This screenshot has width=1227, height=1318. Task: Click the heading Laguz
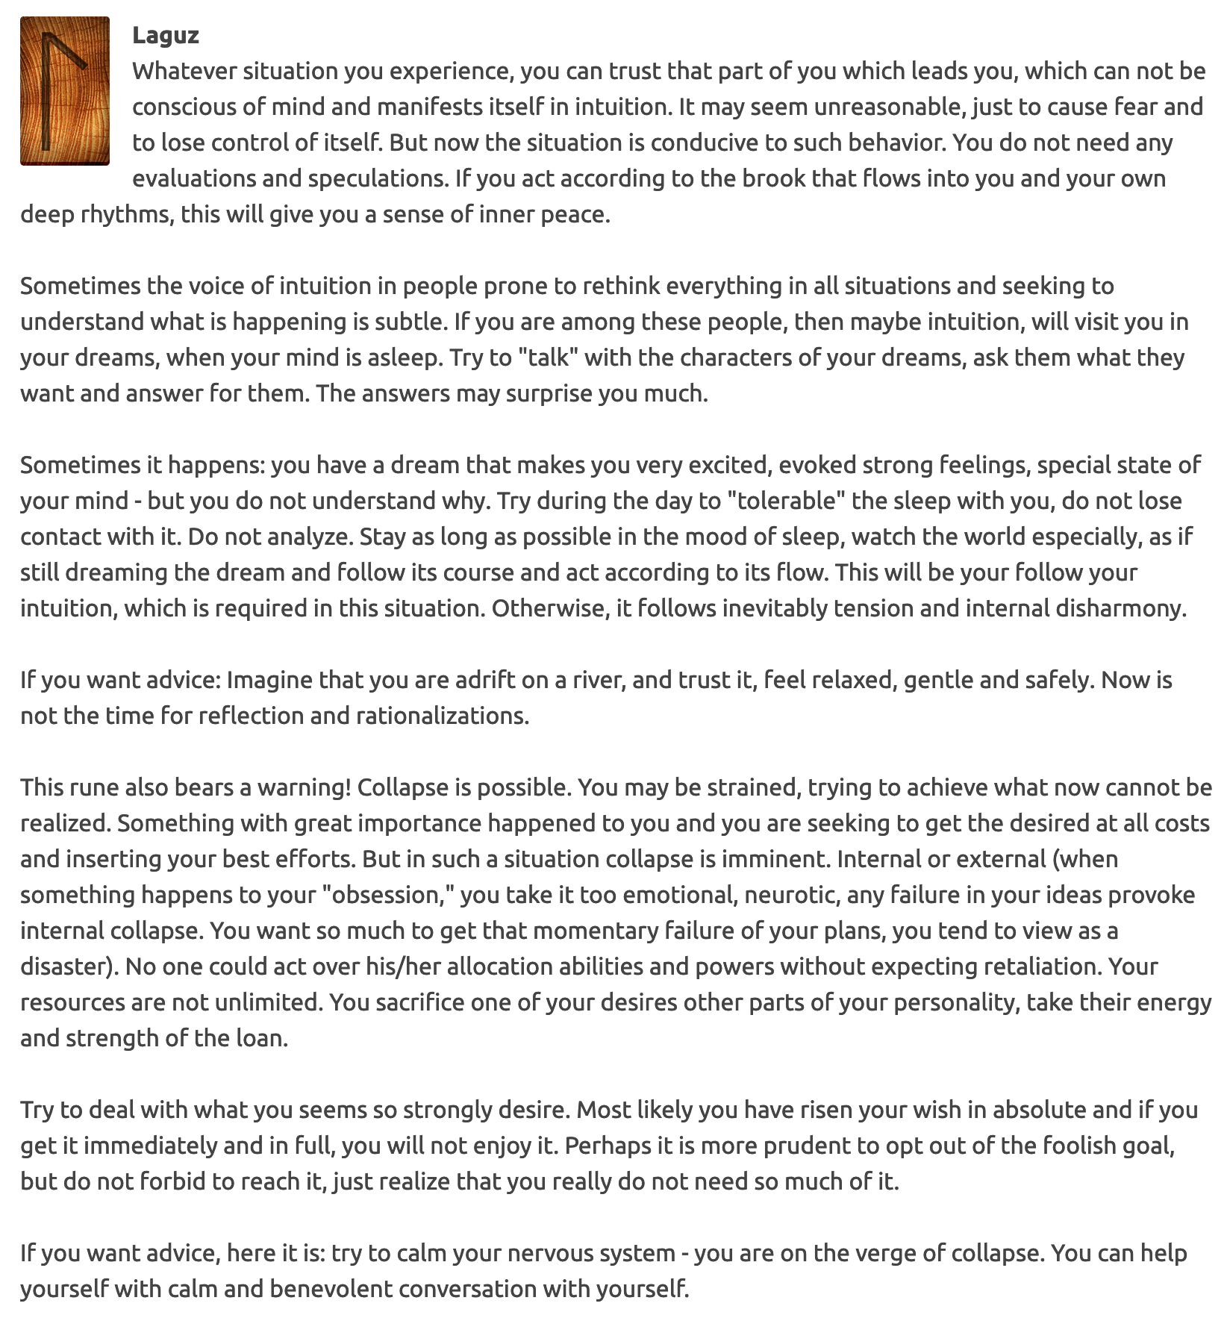(x=165, y=35)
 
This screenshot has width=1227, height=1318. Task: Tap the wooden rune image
(x=65, y=90)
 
